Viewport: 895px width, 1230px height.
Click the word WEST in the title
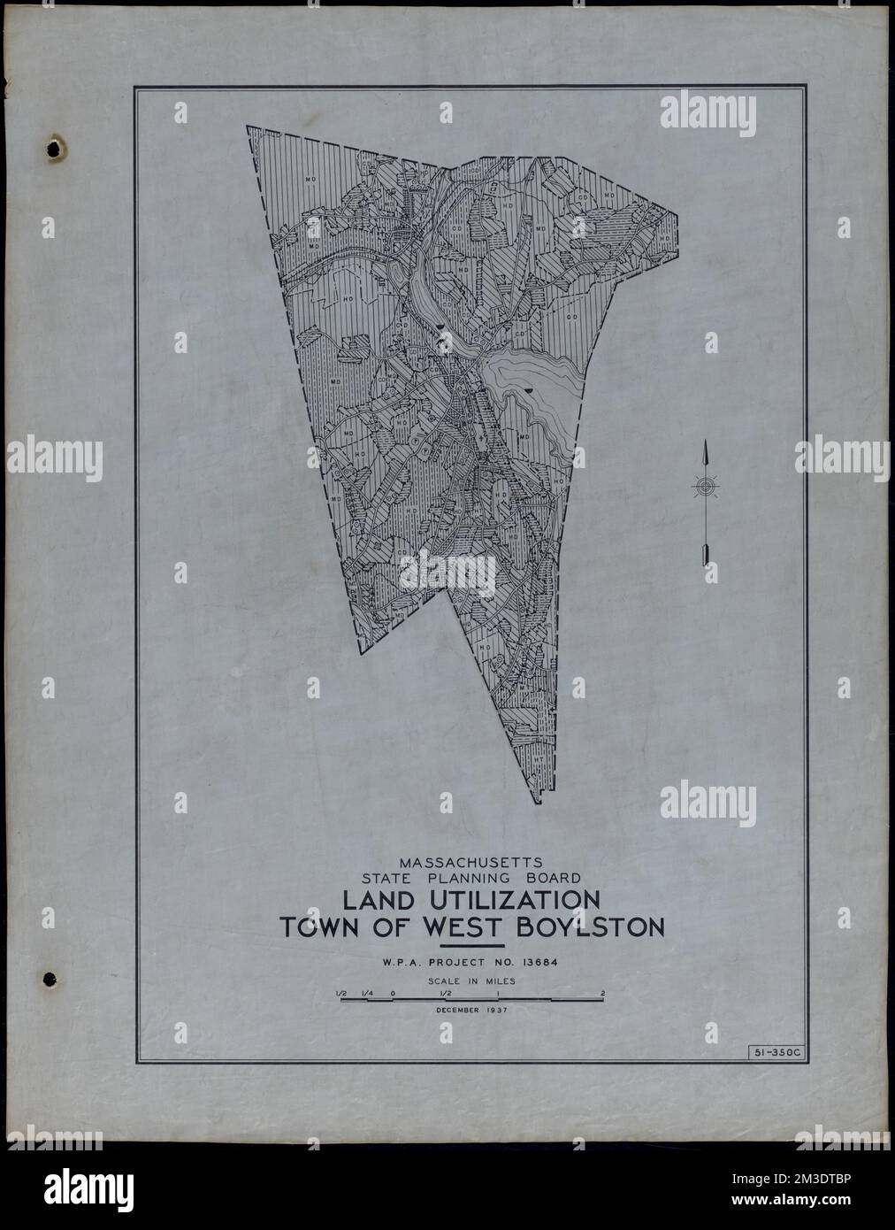pyautogui.click(x=470, y=928)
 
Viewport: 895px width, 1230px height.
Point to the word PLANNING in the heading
pyautogui.click(x=478, y=879)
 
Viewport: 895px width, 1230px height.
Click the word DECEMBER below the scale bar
pyautogui.click(x=456, y=1009)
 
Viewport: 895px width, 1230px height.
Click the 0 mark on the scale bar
pyautogui.click(x=392, y=993)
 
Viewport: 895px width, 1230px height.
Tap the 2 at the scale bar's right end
pyautogui.click(x=602, y=993)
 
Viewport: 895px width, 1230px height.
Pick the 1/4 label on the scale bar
pyautogui.click(x=366, y=993)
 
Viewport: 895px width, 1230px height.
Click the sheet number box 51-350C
pyautogui.click(x=772, y=1051)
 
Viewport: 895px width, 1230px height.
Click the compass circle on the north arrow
pyautogui.click(x=705, y=486)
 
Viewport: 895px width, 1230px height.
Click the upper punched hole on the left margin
pyautogui.click(x=57, y=149)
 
